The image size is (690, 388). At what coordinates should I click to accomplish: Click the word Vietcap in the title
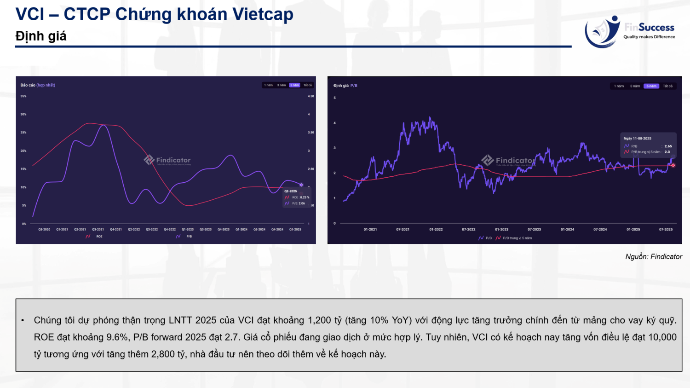click(x=263, y=14)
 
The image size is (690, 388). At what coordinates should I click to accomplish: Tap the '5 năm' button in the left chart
click(x=294, y=85)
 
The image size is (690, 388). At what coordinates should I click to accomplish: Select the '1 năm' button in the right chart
click(x=619, y=86)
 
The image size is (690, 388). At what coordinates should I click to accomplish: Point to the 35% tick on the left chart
click(x=23, y=96)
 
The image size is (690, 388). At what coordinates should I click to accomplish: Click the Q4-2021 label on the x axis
click(x=116, y=229)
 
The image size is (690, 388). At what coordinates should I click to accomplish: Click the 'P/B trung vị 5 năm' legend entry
click(x=517, y=238)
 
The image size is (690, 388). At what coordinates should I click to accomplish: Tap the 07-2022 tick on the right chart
click(x=468, y=229)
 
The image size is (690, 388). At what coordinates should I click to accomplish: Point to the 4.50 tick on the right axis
click(x=311, y=96)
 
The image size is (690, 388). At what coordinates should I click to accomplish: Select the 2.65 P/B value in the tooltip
click(x=668, y=146)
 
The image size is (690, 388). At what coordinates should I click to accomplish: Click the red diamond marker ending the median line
click(x=673, y=165)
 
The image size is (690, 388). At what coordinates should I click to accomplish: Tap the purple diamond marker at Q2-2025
click(x=301, y=185)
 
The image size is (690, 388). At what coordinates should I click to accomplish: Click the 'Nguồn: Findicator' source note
click(x=653, y=257)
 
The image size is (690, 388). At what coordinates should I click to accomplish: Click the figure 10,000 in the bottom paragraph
click(x=662, y=337)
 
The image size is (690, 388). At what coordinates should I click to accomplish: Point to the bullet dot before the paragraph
click(x=23, y=320)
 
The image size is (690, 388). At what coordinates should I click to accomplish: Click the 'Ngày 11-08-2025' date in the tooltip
click(x=637, y=139)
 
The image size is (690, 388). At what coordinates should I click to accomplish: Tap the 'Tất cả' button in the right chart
click(x=667, y=86)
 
